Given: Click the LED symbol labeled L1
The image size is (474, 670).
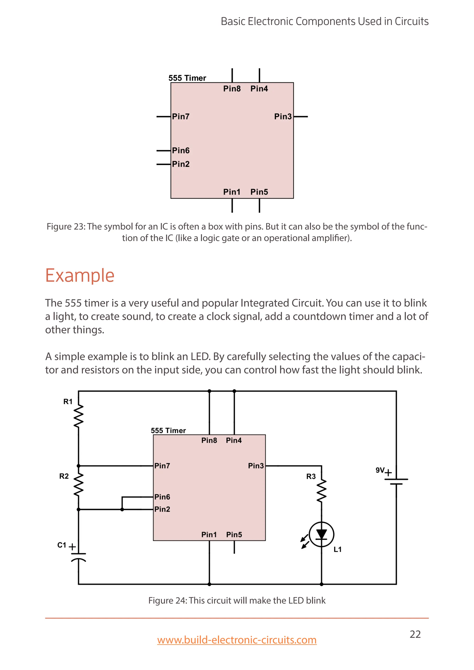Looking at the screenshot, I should [321, 535].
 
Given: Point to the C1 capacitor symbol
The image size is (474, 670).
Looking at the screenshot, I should [78, 557].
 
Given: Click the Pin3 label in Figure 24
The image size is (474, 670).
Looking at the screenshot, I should [256, 466].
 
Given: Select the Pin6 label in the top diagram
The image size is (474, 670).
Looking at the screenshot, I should [181, 151].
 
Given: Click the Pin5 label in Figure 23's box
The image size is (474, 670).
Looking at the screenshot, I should [259, 192].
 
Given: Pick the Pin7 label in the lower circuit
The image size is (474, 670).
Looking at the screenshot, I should [162, 466].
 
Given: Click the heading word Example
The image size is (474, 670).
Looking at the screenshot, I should [80, 276].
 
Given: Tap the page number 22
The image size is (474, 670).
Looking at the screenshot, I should [415, 634].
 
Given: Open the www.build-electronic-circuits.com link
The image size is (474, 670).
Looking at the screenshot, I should [237, 640].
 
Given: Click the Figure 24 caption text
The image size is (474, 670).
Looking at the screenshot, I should [237, 600].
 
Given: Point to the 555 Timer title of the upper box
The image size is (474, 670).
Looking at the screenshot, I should [187, 78].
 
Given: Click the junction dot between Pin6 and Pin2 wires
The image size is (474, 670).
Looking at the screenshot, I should [122, 509].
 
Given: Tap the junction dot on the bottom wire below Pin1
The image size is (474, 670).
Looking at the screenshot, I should [209, 584].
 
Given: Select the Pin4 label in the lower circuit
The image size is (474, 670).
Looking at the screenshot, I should [234, 440].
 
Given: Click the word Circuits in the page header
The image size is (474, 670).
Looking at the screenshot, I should [412, 22].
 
